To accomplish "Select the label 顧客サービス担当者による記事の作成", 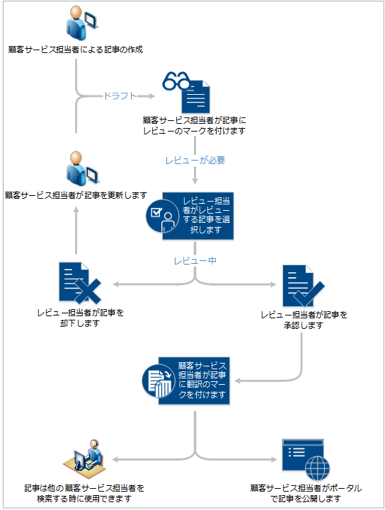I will pos(77,50).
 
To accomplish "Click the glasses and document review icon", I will pos(187,91).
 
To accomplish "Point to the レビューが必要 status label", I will pos(195,160).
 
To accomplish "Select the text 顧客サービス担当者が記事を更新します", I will pos(76,195).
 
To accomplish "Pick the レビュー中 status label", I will pos(195,261).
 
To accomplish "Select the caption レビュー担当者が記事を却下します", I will pos(80,318).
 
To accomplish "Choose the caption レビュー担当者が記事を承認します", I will pos(304,320).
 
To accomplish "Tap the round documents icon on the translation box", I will pos(160,382).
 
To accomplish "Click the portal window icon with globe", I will pos(304,458).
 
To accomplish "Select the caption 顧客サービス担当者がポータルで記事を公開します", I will pos(305,493).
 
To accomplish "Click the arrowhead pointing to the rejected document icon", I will pos(117,284).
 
